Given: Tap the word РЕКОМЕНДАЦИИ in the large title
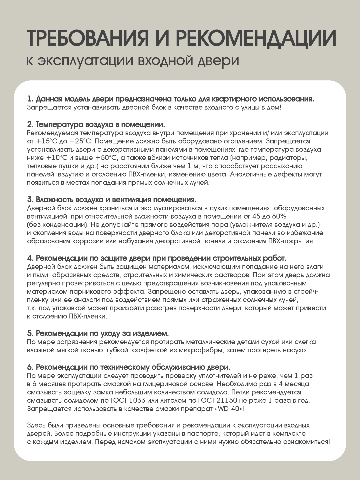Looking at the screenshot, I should (x=256, y=38).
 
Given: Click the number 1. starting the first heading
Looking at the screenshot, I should (x=30, y=99).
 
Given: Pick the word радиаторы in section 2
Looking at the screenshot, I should (x=288, y=158).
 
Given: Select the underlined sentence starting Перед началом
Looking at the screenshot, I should (x=213, y=442).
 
